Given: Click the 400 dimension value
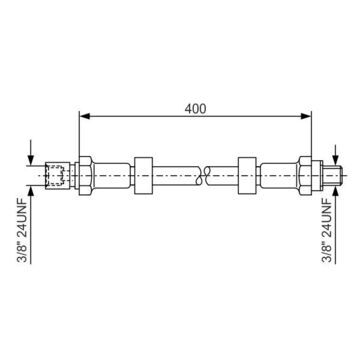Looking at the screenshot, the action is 195,109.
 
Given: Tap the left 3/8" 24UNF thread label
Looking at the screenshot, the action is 24,230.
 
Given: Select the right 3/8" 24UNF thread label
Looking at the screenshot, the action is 327,230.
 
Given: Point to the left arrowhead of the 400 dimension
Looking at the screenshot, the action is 85,116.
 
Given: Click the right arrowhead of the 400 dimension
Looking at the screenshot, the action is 306,116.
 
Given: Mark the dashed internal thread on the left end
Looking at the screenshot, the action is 55,175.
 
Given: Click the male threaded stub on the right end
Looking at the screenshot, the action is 333,175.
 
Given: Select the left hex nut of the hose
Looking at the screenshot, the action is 85,175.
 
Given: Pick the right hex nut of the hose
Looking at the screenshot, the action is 305,175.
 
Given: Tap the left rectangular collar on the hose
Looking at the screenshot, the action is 143,175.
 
